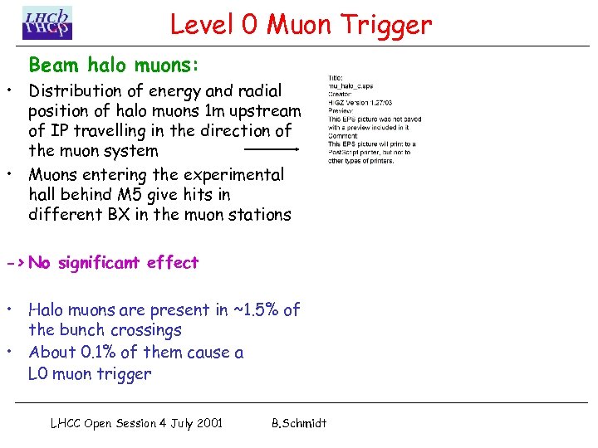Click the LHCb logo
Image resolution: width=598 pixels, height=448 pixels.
pos(47,23)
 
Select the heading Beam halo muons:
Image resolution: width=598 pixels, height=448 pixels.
pos(114,64)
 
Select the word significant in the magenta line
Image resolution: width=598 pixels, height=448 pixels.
pos(100,263)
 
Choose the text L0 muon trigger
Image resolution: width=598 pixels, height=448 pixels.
pos(90,374)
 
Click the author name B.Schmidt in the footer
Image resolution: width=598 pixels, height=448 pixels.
pos(299,423)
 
